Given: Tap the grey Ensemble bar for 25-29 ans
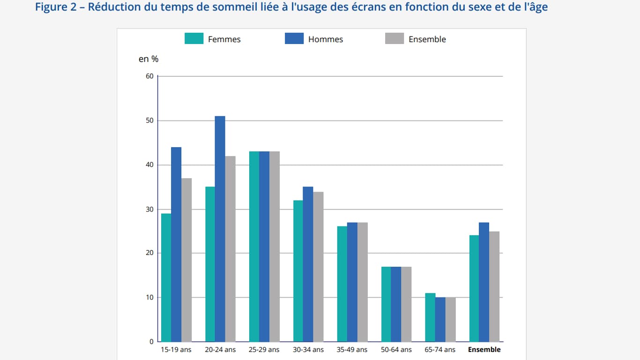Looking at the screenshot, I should [x=274, y=247].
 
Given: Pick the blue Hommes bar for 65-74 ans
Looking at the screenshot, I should [x=440, y=319].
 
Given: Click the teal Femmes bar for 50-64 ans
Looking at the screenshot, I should [x=386, y=304].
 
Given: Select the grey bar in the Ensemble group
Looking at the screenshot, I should [x=494, y=286].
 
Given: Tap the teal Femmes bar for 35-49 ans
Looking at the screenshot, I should [x=342, y=284].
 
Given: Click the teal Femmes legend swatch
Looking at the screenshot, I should [x=194, y=39].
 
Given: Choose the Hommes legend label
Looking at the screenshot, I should [x=325, y=40].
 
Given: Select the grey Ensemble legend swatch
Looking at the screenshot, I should [x=394, y=39].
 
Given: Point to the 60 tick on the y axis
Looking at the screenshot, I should [x=150, y=76].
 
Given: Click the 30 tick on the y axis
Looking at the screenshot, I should [x=150, y=210].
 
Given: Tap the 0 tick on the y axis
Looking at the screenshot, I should [x=151, y=342].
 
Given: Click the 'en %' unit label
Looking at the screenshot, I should [x=149, y=59].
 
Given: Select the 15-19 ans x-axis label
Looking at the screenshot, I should [x=176, y=350].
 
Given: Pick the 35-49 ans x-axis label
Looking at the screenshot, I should [x=352, y=350].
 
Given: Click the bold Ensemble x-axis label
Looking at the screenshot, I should [x=484, y=350].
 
